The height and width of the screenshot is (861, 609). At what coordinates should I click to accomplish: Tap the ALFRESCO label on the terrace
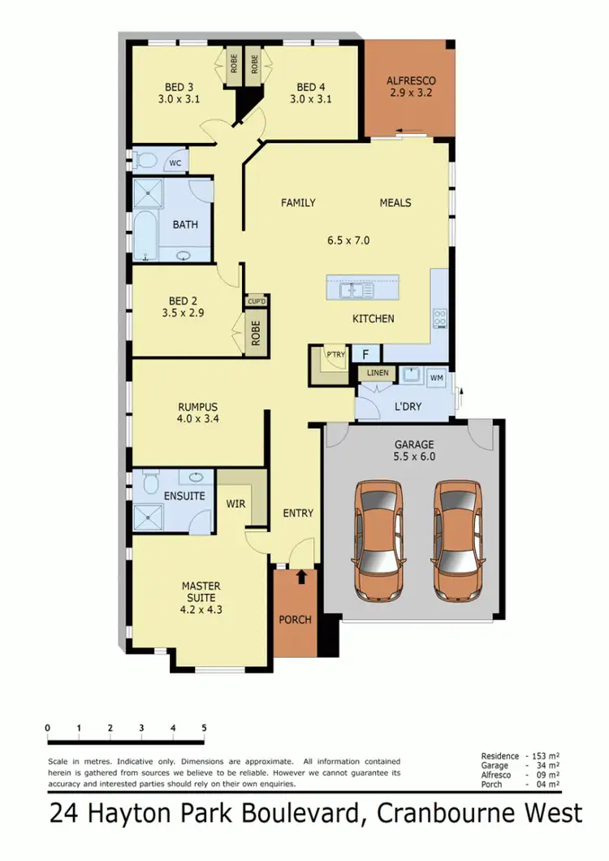coord(411,81)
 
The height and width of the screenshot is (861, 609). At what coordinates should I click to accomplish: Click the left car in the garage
coord(378,538)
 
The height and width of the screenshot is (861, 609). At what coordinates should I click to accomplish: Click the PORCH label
coord(296,620)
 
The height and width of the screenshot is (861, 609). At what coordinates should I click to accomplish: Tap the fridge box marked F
coord(366,354)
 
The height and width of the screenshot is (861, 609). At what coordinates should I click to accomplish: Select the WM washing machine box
coord(436,378)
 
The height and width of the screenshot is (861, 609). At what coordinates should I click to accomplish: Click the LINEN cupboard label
coord(378,374)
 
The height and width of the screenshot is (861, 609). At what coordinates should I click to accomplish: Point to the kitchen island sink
coord(357,290)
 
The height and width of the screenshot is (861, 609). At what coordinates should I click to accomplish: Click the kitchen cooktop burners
coord(440,318)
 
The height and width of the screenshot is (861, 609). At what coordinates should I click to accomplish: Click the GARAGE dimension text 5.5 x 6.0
coord(415,456)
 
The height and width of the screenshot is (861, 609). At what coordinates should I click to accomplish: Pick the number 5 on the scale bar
coord(204,728)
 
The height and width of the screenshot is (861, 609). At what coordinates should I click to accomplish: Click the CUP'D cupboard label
coord(257,301)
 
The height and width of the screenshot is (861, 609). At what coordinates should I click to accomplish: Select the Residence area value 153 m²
coord(546,756)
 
